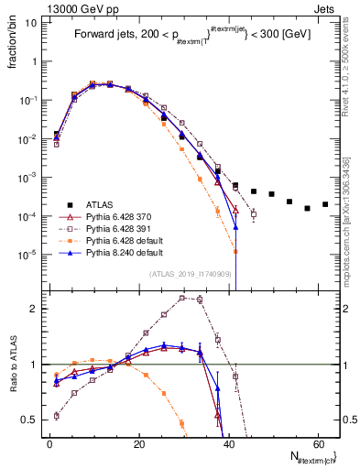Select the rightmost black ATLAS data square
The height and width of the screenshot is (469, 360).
click(x=325, y=204)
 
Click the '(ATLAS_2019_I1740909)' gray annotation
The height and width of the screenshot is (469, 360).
click(x=191, y=274)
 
